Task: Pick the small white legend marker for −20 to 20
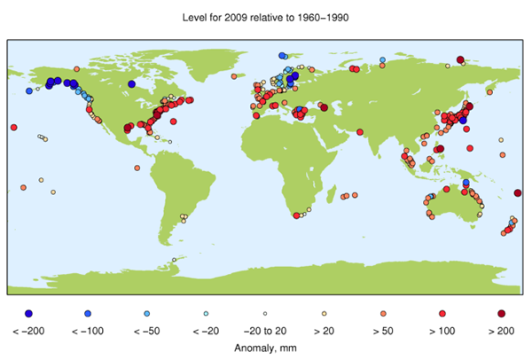(265, 314)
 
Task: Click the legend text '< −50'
(147, 331)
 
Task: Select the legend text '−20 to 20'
(265, 331)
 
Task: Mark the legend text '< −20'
(206, 331)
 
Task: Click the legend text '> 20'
(325, 331)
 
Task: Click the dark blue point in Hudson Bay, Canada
(131, 84)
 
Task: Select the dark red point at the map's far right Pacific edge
(519, 192)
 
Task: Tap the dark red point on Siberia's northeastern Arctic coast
(459, 59)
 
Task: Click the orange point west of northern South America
(137, 168)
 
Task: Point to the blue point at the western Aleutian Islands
(29, 90)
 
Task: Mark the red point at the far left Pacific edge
(13, 128)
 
